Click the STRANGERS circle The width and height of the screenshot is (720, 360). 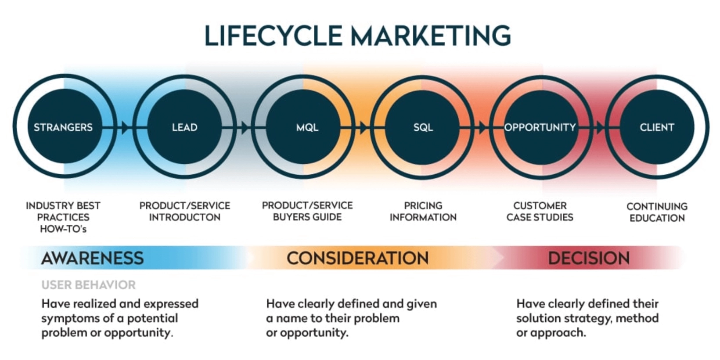point(64,127)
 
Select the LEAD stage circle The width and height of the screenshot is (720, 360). point(184,127)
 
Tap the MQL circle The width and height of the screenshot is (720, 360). point(307,127)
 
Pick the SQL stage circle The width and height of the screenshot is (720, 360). point(423,127)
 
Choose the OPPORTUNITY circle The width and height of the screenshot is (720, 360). point(540,127)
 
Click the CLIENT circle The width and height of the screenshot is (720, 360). point(657,127)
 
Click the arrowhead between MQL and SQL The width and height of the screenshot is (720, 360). point(364,128)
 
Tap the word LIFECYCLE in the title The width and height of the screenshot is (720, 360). point(273,36)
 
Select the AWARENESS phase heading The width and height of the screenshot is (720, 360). point(92,258)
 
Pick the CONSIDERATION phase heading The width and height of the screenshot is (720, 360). point(357,258)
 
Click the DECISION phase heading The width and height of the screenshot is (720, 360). point(589,258)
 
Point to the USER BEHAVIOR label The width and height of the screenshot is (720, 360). point(89,285)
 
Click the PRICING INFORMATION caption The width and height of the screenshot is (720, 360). point(423,211)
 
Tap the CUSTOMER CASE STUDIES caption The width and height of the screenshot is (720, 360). point(540,211)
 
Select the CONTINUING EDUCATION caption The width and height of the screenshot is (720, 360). point(657,212)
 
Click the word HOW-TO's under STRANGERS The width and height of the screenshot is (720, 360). point(63,229)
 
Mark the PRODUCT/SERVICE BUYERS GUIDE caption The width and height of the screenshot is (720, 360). point(307,211)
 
